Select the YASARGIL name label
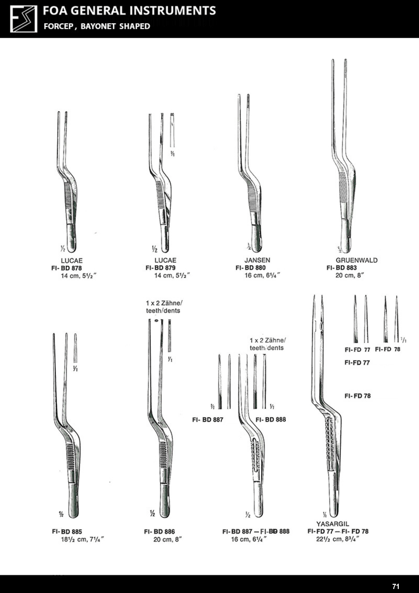tap(333, 524)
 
